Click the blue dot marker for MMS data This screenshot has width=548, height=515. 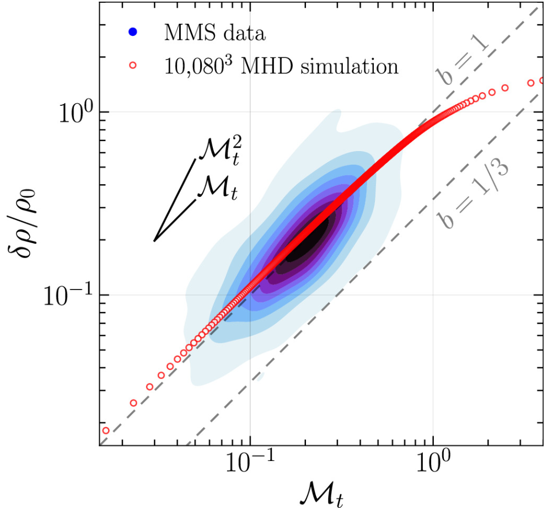pyautogui.click(x=132, y=33)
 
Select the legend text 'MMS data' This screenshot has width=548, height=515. pyautogui.click(x=215, y=33)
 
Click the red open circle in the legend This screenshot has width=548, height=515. pyautogui.click(x=132, y=66)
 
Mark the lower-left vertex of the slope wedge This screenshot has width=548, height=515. pyautogui.click(x=154, y=240)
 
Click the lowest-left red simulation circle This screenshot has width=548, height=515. pyautogui.click(x=106, y=431)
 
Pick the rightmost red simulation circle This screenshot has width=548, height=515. pyautogui.click(x=542, y=81)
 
